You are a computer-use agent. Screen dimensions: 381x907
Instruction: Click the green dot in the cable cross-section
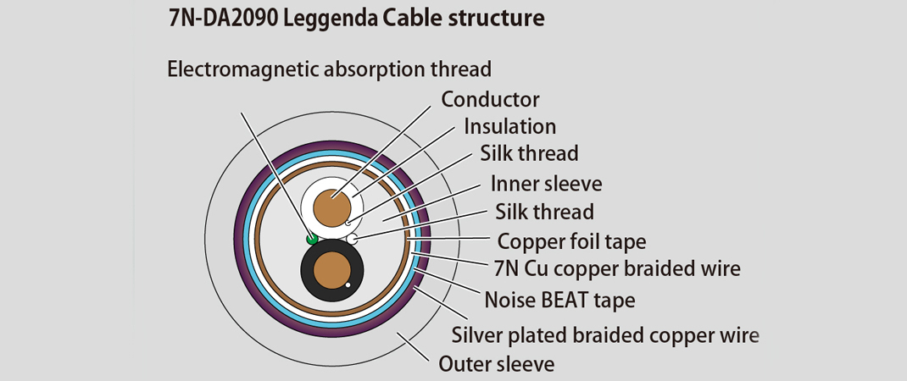[x=312, y=240]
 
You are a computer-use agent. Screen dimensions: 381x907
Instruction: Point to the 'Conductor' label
[x=490, y=99]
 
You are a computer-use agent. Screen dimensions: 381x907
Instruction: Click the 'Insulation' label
[x=509, y=126]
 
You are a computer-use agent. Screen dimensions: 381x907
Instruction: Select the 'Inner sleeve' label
[x=546, y=183]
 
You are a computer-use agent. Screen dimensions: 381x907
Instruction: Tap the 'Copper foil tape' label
[x=571, y=241]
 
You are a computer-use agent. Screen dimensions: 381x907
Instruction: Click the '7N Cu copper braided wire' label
[x=616, y=269]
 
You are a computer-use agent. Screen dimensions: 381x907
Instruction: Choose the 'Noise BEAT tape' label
[x=559, y=299]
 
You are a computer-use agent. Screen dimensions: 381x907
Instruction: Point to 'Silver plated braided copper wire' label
[x=605, y=334]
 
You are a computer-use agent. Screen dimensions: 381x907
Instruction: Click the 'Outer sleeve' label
[x=497, y=365]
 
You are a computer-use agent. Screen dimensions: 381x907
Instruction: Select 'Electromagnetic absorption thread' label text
[x=330, y=69]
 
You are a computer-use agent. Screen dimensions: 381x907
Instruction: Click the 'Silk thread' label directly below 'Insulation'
[x=529, y=153]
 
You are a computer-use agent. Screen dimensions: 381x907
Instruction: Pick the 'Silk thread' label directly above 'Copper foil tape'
[x=544, y=212]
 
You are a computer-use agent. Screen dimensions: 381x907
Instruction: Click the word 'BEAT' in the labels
[x=570, y=299]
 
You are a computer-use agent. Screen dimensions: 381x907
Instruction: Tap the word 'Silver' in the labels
[x=478, y=334]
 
